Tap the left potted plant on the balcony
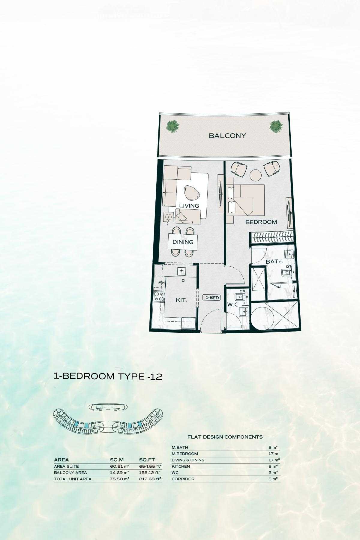pyautogui.click(x=173, y=126)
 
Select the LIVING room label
pyautogui.click(x=189, y=206)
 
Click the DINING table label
pyautogui.click(x=183, y=242)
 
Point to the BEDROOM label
pyautogui.click(x=261, y=222)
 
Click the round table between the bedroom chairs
pyautogui.click(x=256, y=175)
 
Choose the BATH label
pyautogui.click(x=274, y=262)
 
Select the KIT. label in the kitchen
pyautogui.click(x=181, y=300)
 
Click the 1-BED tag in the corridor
pyautogui.click(x=212, y=298)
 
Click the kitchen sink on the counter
pyautogui.click(x=181, y=271)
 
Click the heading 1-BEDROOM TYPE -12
pyautogui.click(x=108, y=376)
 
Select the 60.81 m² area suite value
pyautogui.click(x=119, y=466)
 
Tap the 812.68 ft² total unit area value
pyautogui.click(x=150, y=479)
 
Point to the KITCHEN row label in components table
pyautogui.click(x=181, y=466)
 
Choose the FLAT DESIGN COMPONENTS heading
pyautogui.click(x=225, y=437)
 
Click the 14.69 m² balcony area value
pyautogui.click(x=119, y=473)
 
